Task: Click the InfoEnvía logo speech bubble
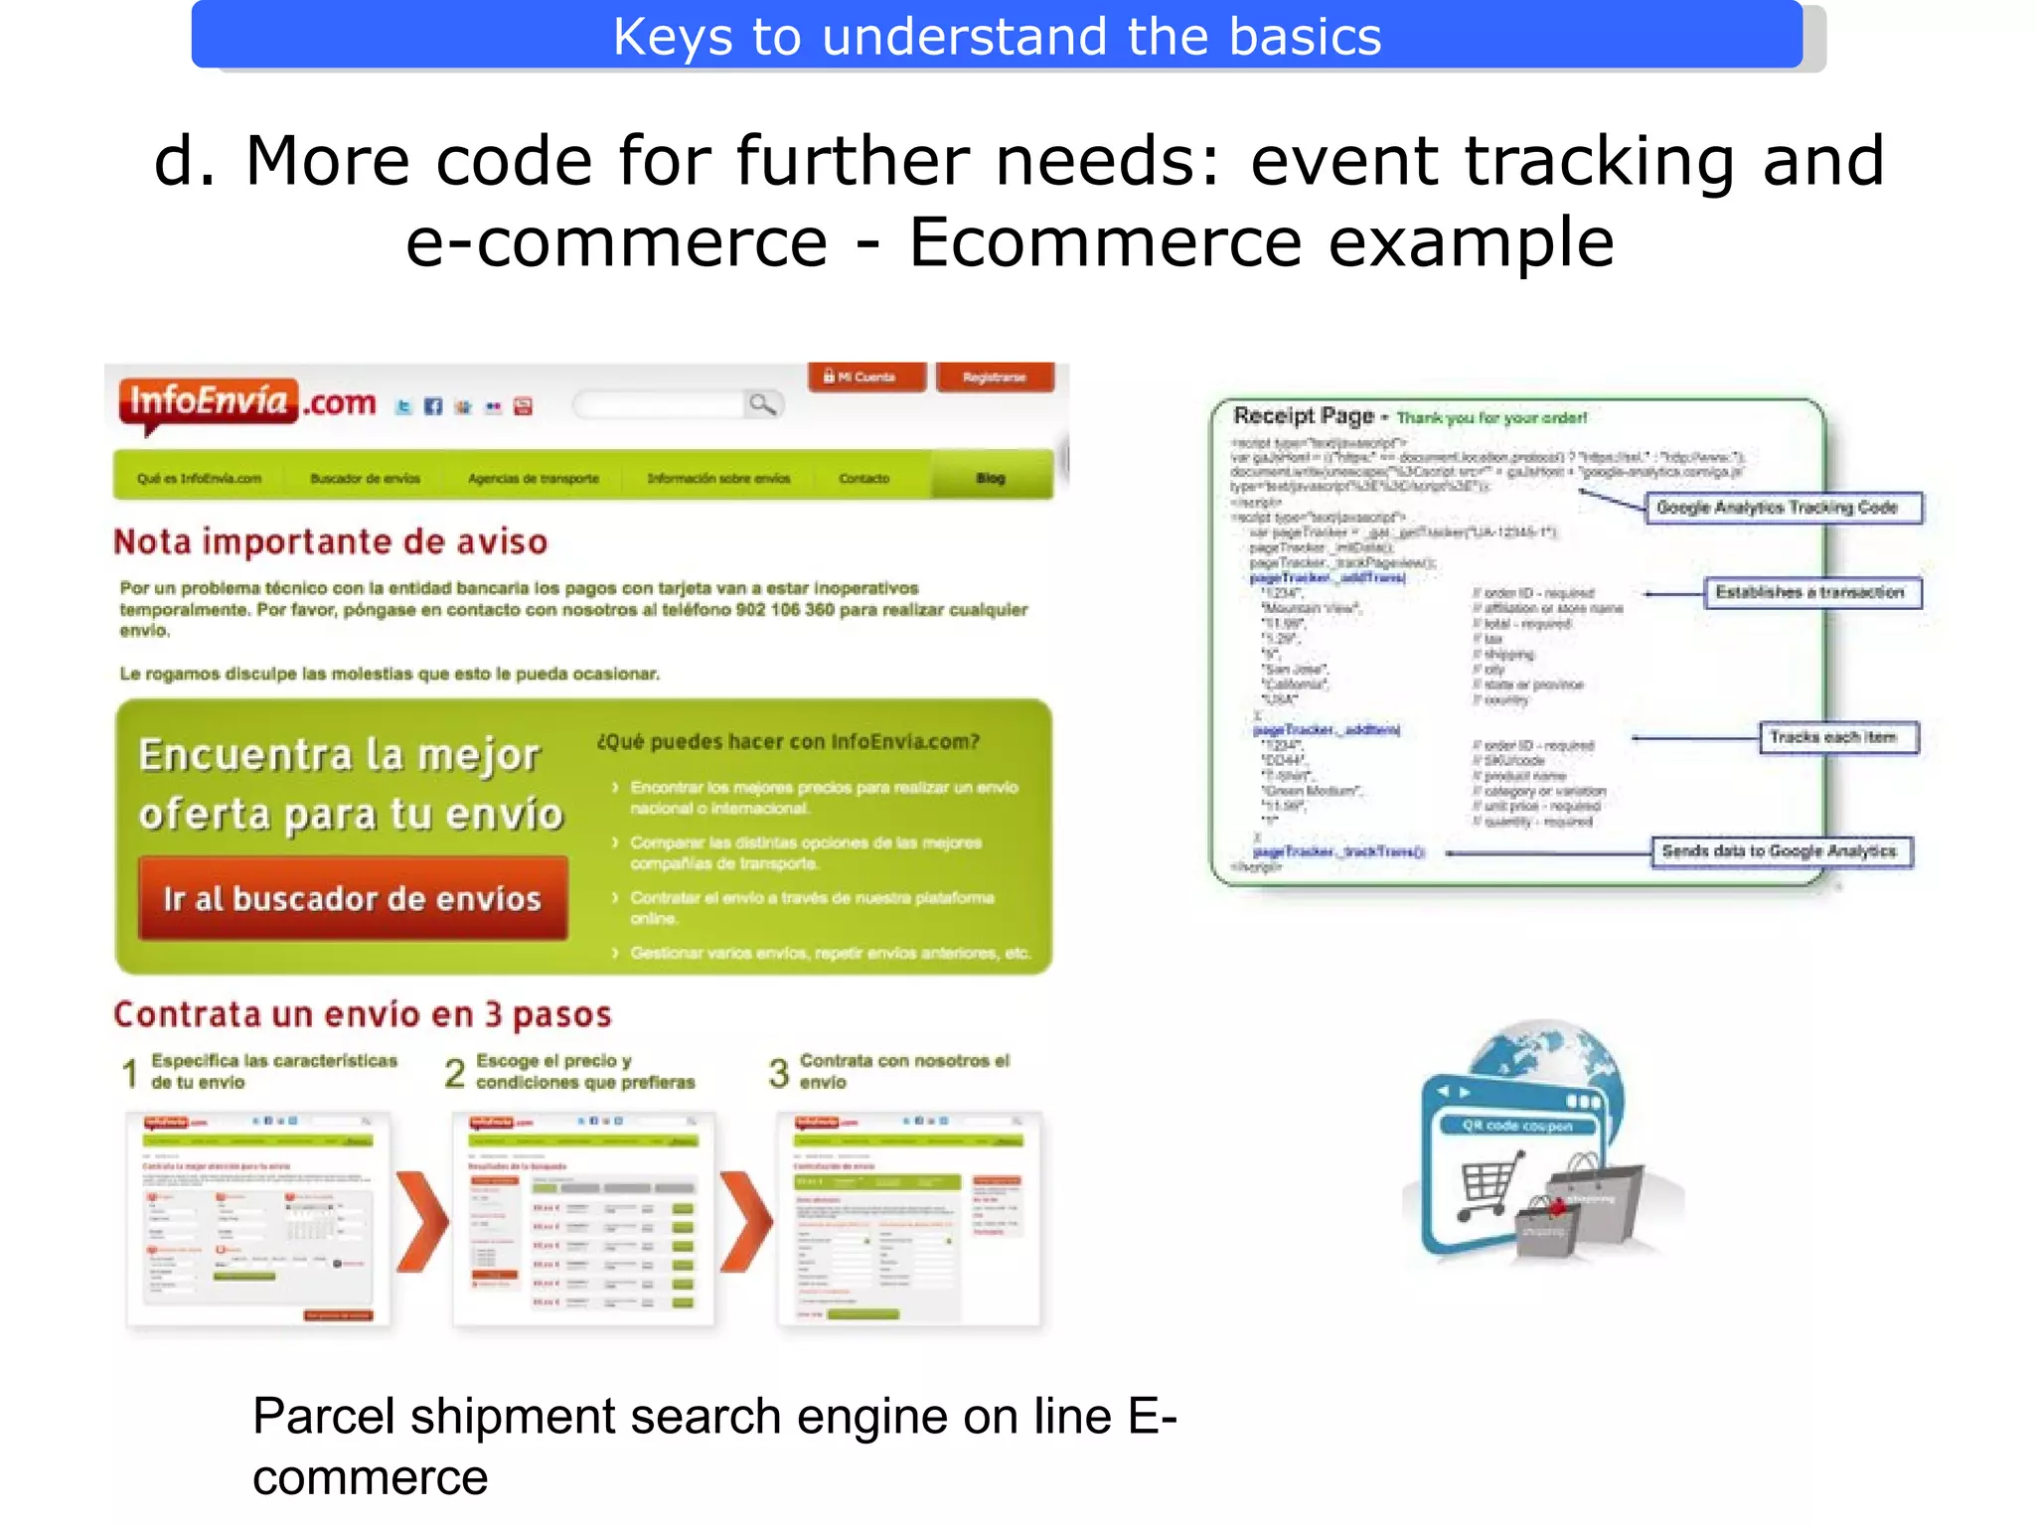pos(208,402)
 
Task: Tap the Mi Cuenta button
pos(865,378)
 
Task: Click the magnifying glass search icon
pos(762,404)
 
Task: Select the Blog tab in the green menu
pos(991,478)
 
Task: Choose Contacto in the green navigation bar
pos(863,478)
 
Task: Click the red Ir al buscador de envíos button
pos(353,899)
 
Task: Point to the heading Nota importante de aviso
pos(330,541)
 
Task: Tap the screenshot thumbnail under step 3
pos(908,1219)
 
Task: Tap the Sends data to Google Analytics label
pos(1781,851)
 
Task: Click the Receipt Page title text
pos(1303,415)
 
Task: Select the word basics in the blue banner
pos(1304,37)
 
